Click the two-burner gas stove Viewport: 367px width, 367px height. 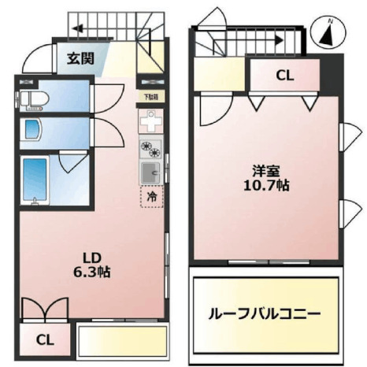[x=150, y=147]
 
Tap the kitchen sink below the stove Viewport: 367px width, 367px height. [x=150, y=171]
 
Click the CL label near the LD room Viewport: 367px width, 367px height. [x=45, y=340]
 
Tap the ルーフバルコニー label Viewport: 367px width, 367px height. [x=265, y=313]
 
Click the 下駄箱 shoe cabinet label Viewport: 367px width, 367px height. [x=148, y=97]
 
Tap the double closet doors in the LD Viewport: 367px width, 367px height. [x=46, y=310]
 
